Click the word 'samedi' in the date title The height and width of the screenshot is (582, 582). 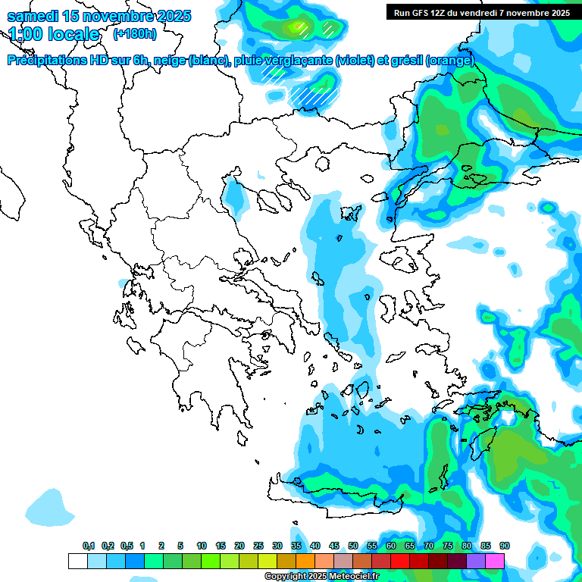click(x=31, y=16)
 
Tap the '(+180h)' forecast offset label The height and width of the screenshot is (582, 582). click(x=134, y=33)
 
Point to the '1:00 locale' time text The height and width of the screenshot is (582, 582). click(x=54, y=34)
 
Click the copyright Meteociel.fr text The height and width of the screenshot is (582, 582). click(x=321, y=577)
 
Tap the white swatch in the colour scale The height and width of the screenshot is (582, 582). click(x=77, y=561)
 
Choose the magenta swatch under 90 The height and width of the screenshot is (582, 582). click(x=495, y=561)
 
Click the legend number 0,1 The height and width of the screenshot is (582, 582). click(x=88, y=546)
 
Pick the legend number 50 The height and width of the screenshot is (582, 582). click(x=353, y=546)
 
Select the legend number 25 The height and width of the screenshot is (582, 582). click(x=258, y=546)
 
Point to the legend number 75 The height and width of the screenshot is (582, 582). click(x=448, y=546)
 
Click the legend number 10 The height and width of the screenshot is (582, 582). click(x=202, y=546)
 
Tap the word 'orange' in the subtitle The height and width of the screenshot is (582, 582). click(x=450, y=61)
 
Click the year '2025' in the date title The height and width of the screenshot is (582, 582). click(x=173, y=16)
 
